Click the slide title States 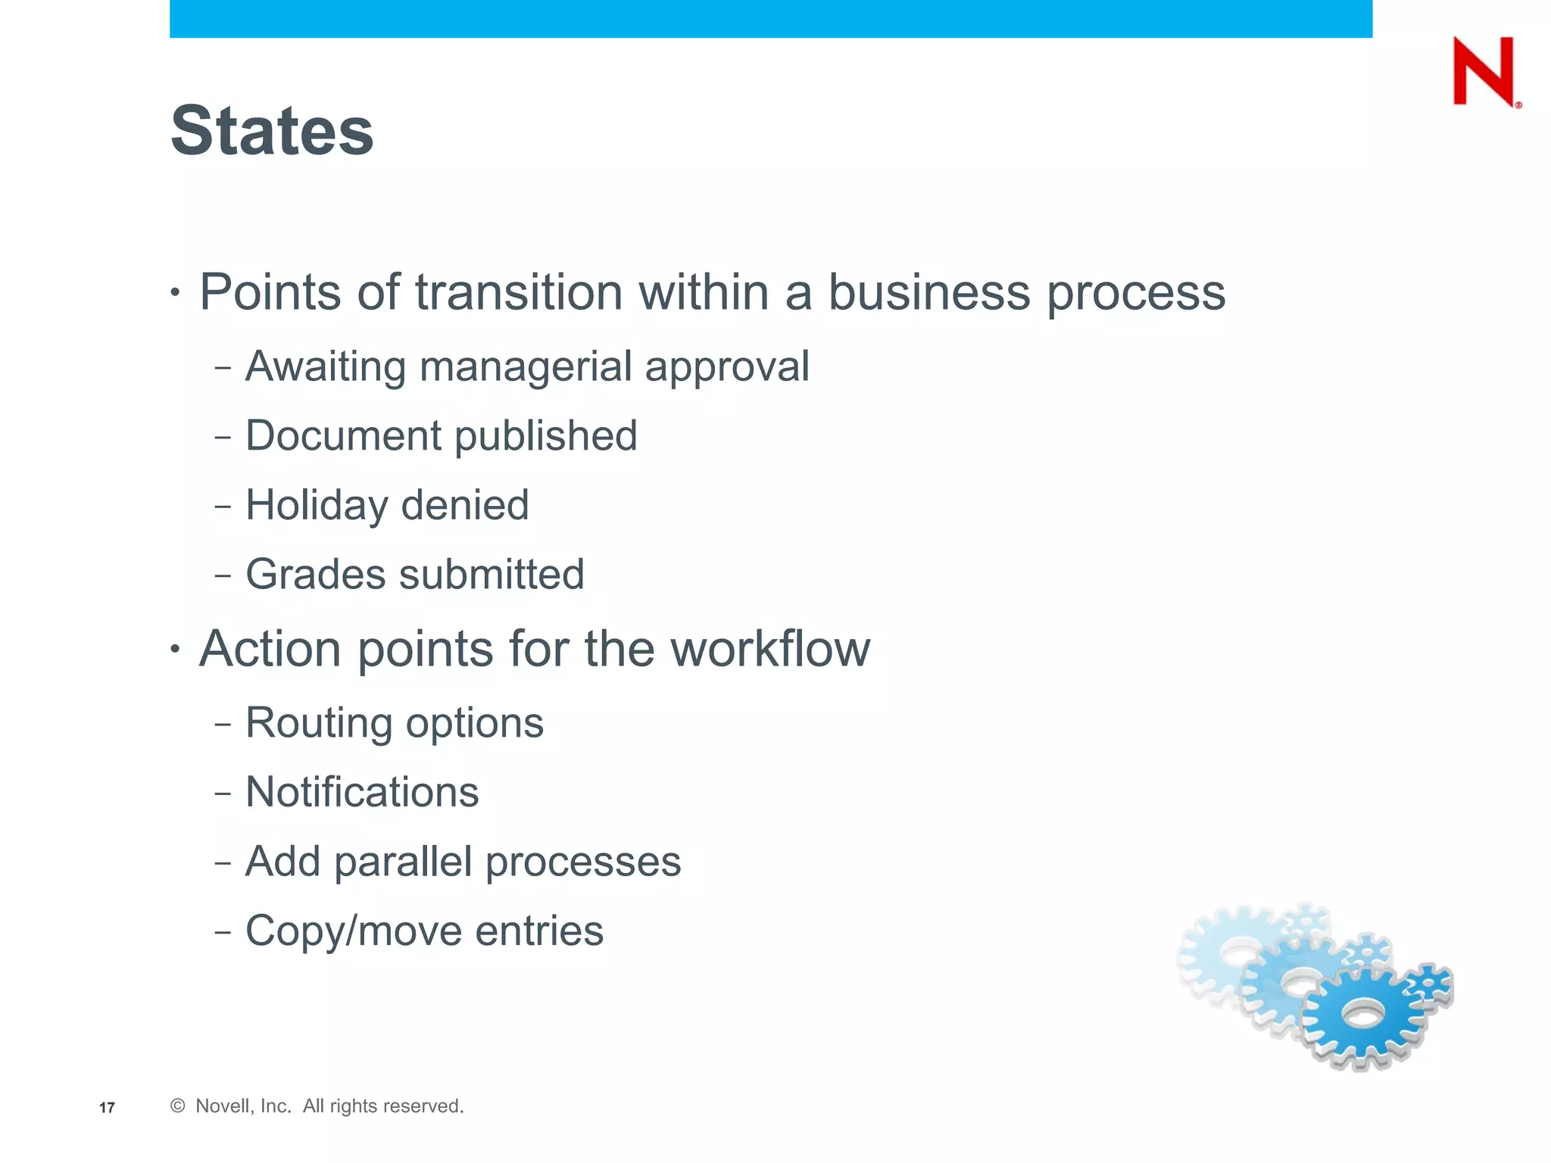[x=272, y=131]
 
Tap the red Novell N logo [x=1484, y=72]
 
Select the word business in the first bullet [x=929, y=292]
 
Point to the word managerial [x=526, y=367]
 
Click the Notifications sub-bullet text [x=362, y=792]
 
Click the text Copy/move [x=354, y=931]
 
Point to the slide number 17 [x=107, y=1108]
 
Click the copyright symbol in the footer [x=178, y=1106]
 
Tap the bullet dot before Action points [x=175, y=648]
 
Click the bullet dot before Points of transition [x=175, y=292]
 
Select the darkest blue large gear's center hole [x=1363, y=1014]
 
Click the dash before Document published [x=223, y=438]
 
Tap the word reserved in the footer [x=426, y=1106]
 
